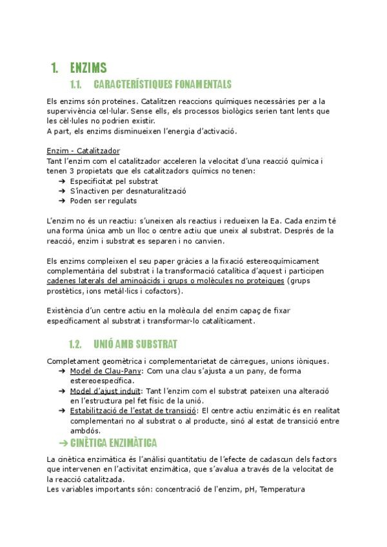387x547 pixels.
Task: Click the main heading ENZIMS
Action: tap(88, 68)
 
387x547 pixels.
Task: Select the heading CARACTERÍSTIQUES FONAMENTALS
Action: tap(162, 85)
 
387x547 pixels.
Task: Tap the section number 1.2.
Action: tap(77, 344)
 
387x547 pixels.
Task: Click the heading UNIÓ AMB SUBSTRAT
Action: tap(135, 344)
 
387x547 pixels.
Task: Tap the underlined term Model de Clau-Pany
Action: tap(107, 371)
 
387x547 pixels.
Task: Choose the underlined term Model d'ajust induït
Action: tap(106, 391)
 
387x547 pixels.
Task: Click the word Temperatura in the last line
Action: tap(282, 489)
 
